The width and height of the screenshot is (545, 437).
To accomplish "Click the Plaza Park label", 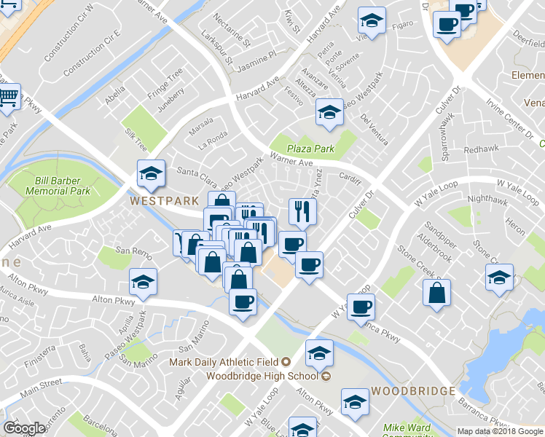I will (x=310, y=149).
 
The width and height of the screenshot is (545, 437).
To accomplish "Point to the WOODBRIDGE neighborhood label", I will (x=413, y=390).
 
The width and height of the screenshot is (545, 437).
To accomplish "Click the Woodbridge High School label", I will (x=262, y=376).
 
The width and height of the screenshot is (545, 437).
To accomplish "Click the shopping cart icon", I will (x=7, y=98).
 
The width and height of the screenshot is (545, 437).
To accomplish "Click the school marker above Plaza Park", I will (x=329, y=113).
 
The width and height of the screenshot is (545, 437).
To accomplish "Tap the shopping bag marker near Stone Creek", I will (x=436, y=293).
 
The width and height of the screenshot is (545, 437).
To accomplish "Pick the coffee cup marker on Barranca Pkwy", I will (x=360, y=307).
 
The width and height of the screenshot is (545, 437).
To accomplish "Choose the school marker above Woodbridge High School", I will (x=318, y=353).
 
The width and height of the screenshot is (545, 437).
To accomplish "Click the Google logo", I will (x=24, y=428).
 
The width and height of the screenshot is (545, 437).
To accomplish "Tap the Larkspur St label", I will (x=218, y=49).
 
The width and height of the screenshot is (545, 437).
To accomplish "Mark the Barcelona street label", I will (x=98, y=424).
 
